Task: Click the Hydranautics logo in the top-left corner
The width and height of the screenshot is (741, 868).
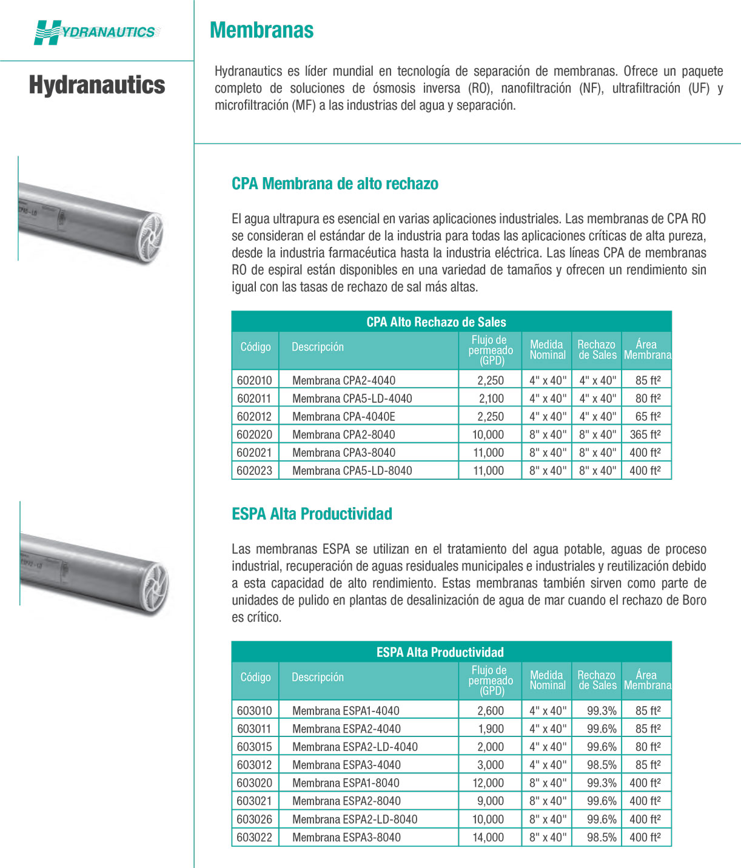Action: [x=96, y=32]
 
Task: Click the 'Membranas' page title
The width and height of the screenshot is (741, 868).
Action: [x=261, y=30]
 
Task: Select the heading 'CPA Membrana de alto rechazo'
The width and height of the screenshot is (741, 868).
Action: [x=335, y=184]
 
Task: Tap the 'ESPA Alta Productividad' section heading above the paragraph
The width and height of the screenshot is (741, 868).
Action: [x=312, y=514]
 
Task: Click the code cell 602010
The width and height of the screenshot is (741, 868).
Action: [x=255, y=380]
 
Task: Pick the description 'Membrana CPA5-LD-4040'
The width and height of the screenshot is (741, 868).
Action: [x=352, y=399]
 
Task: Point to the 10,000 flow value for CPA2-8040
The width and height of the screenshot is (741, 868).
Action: [x=488, y=434]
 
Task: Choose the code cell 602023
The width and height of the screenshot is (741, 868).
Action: [x=255, y=471]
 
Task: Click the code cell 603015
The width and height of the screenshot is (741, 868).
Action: [x=255, y=747]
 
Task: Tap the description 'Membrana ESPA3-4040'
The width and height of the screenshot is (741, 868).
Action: [x=346, y=765]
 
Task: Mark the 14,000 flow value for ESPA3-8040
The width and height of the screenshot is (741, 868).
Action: [x=488, y=837]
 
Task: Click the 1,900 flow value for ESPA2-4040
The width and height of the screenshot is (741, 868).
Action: [x=491, y=728]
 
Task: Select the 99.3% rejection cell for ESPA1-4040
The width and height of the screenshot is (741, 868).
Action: [x=602, y=711]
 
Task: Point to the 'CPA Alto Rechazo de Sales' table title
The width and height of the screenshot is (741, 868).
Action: [x=436, y=322]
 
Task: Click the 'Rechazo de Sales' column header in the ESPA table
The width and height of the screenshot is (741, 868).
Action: [x=597, y=680]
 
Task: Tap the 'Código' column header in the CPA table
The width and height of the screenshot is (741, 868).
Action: [x=255, y=347]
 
